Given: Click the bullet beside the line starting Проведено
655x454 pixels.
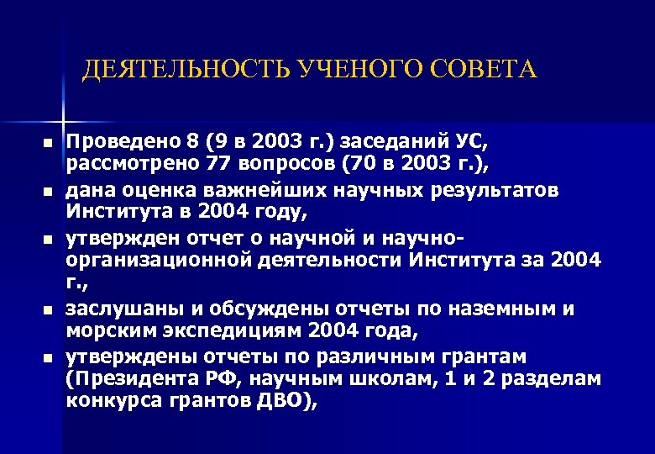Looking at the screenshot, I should pyautogui.click(x=48, y=143).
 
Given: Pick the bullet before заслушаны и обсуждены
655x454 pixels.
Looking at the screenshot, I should pyautogui.click(x=48, y=310).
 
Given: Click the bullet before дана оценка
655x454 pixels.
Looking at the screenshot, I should pyautogui.click(x=48, y=193).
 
